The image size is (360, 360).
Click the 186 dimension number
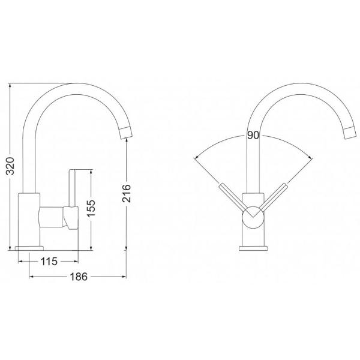(x=79, y=277)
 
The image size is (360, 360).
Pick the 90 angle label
(x=252, y=136)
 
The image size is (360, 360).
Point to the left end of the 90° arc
(x=195, y=158)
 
